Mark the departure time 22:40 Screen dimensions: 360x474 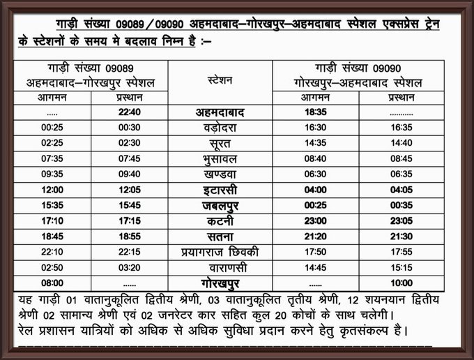pyautogui.click(x=130, y=112)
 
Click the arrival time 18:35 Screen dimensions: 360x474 pyautogui.click(x=315, y=112)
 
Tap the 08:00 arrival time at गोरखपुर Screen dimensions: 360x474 pyautogui.click(x=52, y=283)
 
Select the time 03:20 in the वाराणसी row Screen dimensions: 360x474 pyautogui.click(x=130, y=268)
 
